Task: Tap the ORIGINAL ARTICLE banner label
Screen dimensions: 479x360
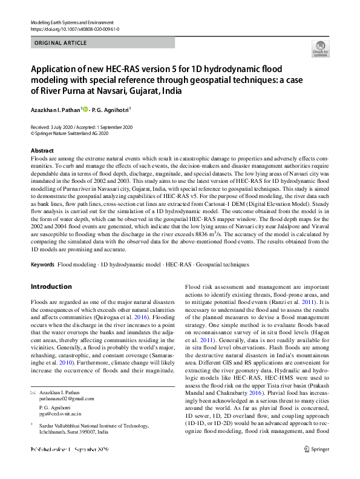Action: pos(61,43)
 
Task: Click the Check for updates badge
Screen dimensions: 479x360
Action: pos(320,49)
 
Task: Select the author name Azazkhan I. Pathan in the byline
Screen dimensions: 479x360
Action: pos(55,110)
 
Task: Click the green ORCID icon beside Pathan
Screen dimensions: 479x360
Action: pos(86,110)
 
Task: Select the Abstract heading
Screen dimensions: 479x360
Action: pos(42,150)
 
